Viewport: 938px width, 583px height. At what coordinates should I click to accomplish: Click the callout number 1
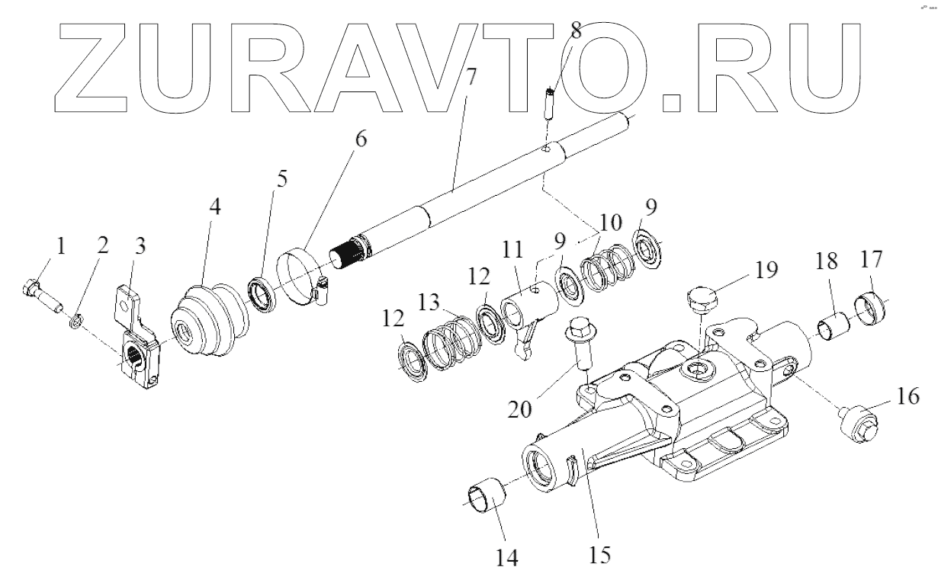point(60,246)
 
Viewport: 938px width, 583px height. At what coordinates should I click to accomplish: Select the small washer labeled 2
point(75,317)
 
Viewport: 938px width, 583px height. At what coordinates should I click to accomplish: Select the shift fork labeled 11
point(529,313)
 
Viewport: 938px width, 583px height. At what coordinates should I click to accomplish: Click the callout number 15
point(600,554)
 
